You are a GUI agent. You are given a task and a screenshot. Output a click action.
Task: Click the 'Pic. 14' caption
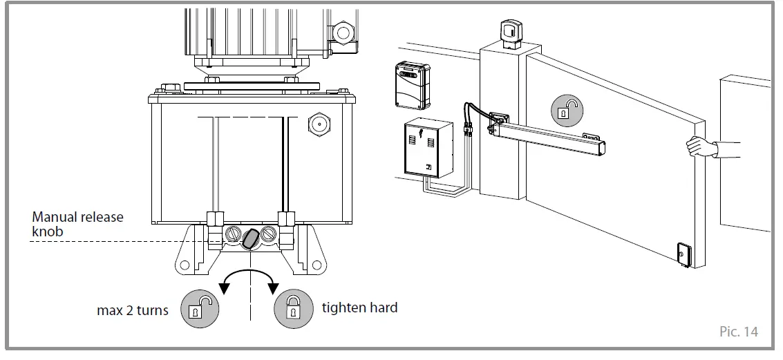[738, 332]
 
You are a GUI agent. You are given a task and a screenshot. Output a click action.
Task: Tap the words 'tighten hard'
[359, 307]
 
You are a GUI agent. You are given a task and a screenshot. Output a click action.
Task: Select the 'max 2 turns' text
[133, 310]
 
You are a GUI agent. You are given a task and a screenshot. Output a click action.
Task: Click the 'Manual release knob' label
[77, 224]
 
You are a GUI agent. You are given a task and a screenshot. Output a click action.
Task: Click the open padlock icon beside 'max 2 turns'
[198, 308]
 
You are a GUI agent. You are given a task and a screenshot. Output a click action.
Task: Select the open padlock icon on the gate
[566, 111]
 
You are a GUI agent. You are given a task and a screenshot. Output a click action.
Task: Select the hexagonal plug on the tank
[318, 125]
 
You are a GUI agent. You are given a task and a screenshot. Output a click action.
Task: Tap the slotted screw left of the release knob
[232, 236]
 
